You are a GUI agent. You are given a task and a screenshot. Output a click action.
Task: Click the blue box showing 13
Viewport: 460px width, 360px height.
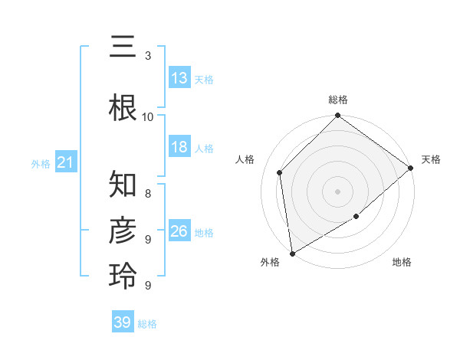pyautogui.click(x=179, y=78)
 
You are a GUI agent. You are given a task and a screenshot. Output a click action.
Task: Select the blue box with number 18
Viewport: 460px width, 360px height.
pyautogui.click(x=179, y=147)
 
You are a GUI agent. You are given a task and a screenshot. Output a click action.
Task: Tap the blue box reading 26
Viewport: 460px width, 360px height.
pyautogui.click(x=179, y=231)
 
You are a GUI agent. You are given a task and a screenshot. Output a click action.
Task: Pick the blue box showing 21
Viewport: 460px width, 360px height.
pyautogui.click(x=65, y=163)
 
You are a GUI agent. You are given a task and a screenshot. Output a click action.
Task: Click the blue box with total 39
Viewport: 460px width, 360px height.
pyautogui.click(x=122, y=322)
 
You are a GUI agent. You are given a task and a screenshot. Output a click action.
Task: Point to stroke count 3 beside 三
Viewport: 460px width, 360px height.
pyautogui.click(x=148, y=56)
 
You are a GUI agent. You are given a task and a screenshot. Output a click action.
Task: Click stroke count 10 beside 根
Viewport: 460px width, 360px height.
pyautogui.click(x=148, y=116)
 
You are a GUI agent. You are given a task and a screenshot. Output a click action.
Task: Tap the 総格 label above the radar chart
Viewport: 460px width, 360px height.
pyautogui.click(x=338, y=100)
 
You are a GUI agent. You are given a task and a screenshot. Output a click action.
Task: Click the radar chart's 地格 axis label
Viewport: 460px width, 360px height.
pyautogui.click(x=402, y=263)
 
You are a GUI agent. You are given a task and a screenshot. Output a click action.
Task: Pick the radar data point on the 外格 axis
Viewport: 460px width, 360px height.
pyautogui.click(x=292, y=254)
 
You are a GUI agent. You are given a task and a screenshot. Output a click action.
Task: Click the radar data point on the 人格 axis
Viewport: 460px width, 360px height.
pyautogui.click(x=280, y=172)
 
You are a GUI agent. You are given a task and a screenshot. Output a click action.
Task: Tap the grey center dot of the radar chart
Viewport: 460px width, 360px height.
pyautogui.click(x=337, y=191)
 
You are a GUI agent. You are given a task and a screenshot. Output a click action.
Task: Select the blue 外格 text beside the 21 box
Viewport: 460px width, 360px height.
pyautogui.click(x=40, y=163)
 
